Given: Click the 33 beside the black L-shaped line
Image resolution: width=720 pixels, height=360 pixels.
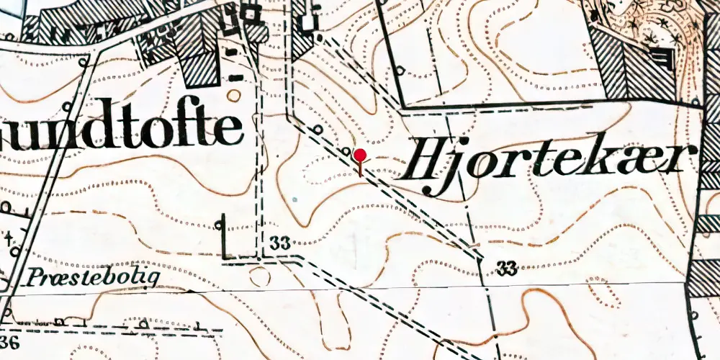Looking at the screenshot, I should point(281,245).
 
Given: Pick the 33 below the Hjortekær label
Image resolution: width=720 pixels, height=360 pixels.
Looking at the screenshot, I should point(507,269).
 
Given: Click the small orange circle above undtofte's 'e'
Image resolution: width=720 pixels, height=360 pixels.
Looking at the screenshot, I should point(233,94).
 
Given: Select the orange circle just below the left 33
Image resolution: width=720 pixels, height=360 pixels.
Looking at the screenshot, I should point(257,274).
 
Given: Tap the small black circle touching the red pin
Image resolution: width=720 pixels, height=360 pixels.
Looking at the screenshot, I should point(348,153).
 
